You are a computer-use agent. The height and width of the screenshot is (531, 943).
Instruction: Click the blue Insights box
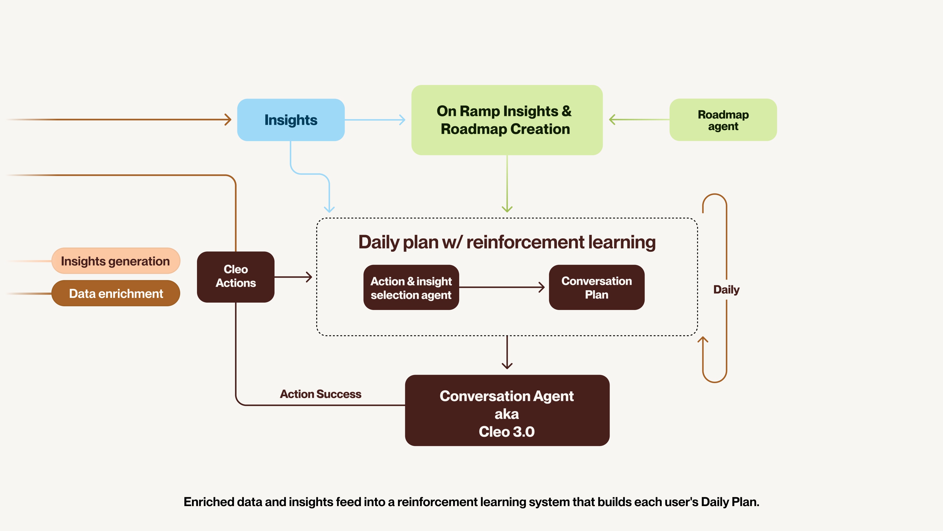291,120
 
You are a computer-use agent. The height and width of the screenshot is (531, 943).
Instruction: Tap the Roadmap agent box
723,120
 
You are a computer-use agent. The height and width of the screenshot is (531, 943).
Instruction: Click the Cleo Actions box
236,277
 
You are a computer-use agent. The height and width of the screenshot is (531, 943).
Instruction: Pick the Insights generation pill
116,261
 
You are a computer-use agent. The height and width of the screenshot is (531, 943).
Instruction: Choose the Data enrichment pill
116,293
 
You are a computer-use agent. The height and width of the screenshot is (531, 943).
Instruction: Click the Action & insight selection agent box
411,287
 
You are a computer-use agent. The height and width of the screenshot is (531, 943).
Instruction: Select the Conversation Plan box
597,287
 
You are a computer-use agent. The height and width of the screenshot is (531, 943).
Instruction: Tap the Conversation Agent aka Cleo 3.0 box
507,410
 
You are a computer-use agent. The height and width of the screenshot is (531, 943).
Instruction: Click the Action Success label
321,394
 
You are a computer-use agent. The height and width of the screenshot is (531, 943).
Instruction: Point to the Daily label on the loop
726,289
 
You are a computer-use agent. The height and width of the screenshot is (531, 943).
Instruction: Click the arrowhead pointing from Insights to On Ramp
402,120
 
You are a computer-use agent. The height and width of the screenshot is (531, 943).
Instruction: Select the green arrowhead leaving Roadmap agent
612,120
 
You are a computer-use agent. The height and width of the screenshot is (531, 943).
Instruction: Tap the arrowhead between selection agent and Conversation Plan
541,287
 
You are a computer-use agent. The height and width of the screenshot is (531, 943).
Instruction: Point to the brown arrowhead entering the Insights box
228,120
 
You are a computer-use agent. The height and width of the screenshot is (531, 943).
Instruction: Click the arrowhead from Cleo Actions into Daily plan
309,277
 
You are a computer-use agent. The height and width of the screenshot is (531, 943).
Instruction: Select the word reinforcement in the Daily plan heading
525,242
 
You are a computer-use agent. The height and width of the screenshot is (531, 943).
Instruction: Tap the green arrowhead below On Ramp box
507,209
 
